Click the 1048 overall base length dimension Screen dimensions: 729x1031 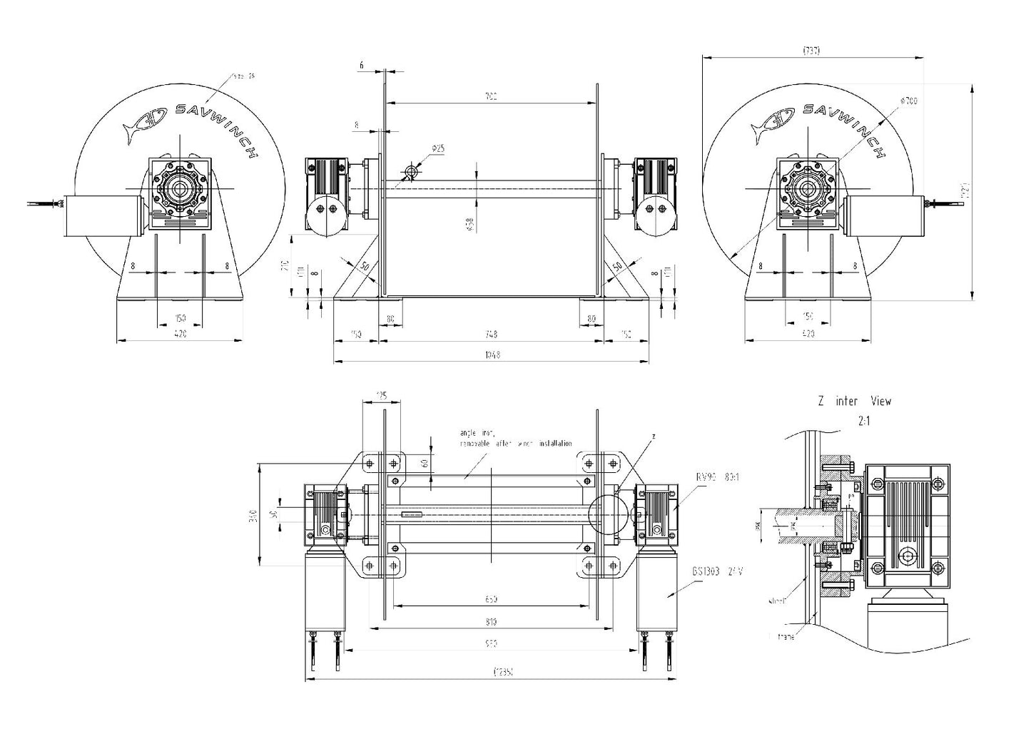click(x=491, y=355)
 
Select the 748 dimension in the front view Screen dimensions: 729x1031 click(x=491, y=334)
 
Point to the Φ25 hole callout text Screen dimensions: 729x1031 click(x=438, y=148)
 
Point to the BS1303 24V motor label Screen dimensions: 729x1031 click(x=717, y=571)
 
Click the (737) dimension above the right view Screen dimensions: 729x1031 click(x=812, y=51)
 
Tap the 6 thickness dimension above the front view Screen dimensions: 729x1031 click(x=362, y=65)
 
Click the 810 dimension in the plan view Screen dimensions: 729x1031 click(x=491, y=621)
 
